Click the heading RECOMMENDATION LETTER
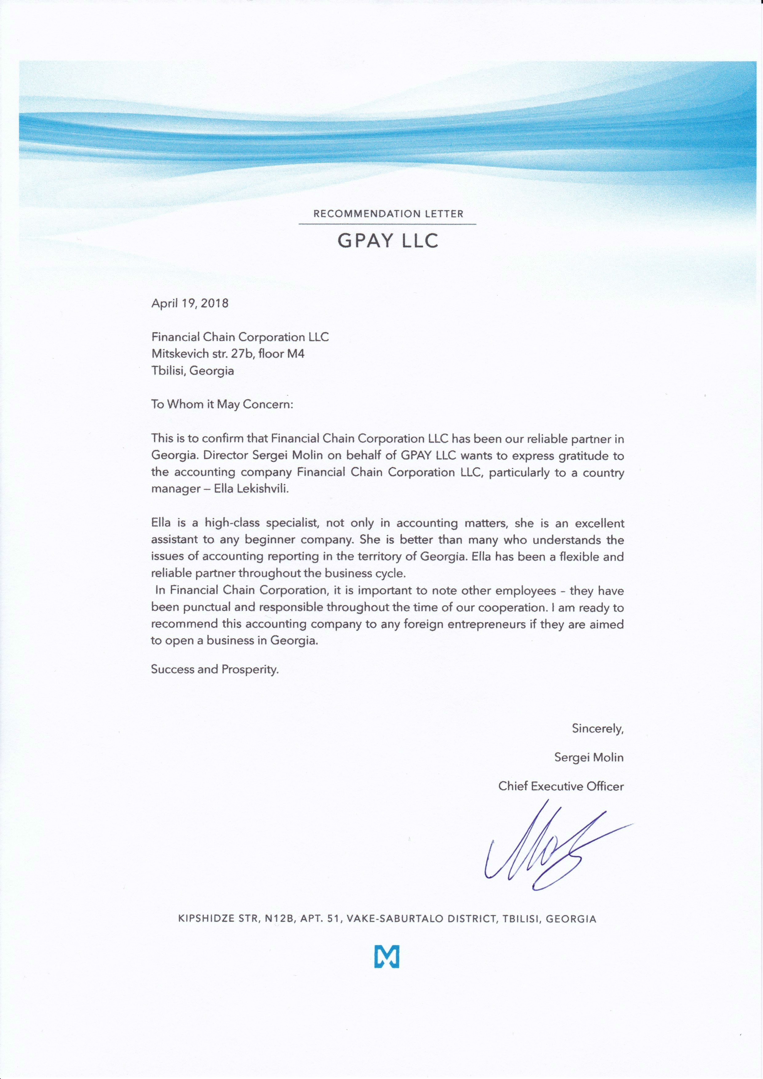pos(388,214)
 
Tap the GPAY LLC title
pos(388,241)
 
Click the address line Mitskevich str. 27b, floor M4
pos(228,353)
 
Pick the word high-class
pos(232,523)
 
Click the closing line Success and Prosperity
pos(215,669)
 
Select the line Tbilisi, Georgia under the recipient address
pos(192,370)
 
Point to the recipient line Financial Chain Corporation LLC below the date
pos(240,337)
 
